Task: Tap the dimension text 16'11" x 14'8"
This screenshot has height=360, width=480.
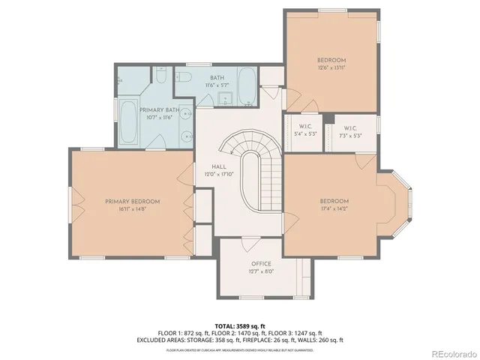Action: [x=132, y=209]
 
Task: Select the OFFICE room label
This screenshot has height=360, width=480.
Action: [x=261, y=265]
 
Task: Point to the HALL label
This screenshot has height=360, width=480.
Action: [x=219, y=166]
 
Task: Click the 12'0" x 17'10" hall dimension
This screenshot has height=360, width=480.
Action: [x=219, y=175]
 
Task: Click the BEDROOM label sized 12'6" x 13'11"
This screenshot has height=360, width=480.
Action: [x=331, y=60]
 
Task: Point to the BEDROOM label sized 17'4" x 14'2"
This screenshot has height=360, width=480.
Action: [x=334, y=201]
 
